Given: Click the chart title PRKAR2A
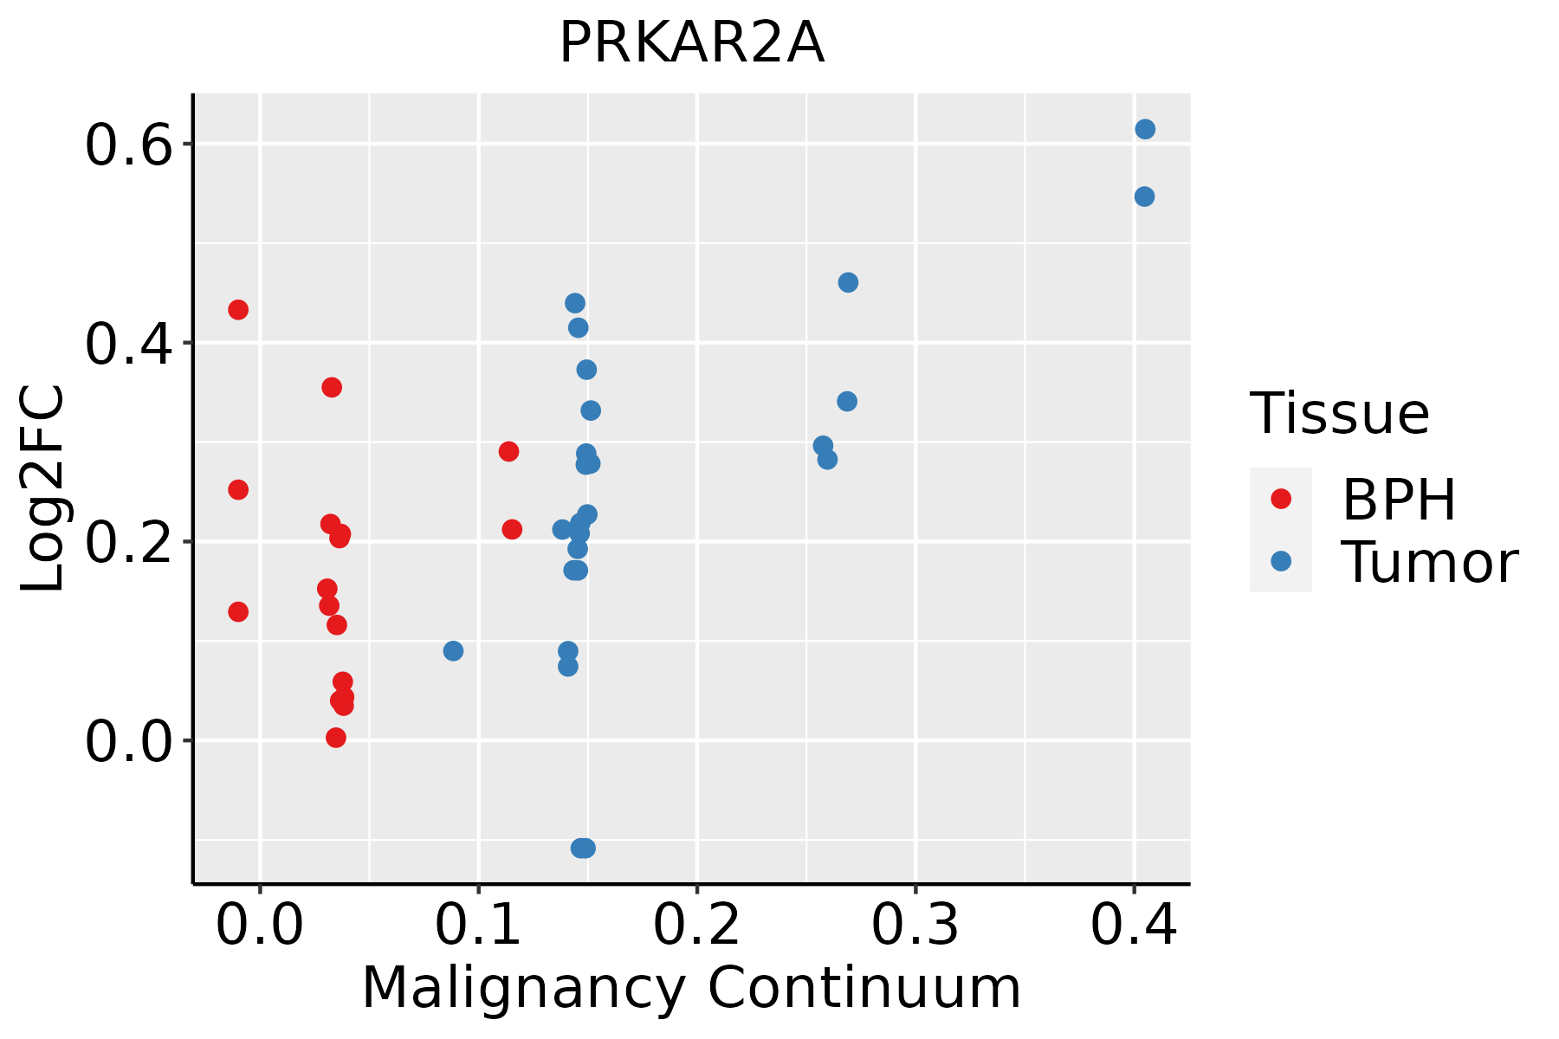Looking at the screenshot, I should pyautogui.click(x=691, y=43).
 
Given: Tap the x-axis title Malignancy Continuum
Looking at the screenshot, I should pyautogui.click(x=691, y=989).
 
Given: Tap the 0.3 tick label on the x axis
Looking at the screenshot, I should pyautogui.click(x=915, y=925).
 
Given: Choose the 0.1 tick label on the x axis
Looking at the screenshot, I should pyautogui.click(x=478, y=925).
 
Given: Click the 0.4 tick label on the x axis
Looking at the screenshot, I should pyautogui.click(x=1133, y=925).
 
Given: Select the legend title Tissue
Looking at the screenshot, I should pyautogui.click(x=1340, y=414).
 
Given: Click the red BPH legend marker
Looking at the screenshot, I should pyautogui.click(x=1280, y=499).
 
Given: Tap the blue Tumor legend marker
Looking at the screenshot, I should pyautogui.click(x=1280, y=561).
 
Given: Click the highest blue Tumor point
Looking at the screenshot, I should pyautogui.click(x=1145, y=129).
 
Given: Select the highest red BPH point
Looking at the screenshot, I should pyautogui.click(x=238, y=310).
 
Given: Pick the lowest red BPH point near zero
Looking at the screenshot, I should pyautogui.click(x=336, y=738).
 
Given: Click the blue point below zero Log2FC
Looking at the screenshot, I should pyautogui.click(x=583, y=848).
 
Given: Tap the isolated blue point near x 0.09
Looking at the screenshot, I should pyautogui.click(x=453, y=651).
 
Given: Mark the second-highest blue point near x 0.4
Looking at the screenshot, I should pyautogui.click(x=1144, y=197).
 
